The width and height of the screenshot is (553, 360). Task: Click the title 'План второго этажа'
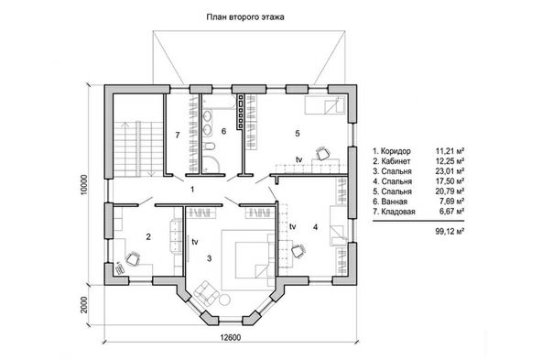[245, 16]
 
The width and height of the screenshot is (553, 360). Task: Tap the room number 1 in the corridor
[192, 190]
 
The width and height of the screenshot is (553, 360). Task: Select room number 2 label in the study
[148, 237]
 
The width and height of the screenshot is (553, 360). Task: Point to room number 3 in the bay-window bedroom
[209, 258]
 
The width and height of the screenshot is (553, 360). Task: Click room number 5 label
[298, 134]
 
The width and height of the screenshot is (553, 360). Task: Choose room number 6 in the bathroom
[223, 131]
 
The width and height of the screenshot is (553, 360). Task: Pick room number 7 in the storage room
[178, 135]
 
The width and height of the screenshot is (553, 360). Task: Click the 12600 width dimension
[231, 338]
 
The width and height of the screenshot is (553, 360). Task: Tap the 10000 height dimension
[83, 186]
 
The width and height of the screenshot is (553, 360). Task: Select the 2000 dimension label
[83, 305]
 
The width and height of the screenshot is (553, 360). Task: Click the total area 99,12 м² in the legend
[450, 232]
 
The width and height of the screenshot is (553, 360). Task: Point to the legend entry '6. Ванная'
[390, 202]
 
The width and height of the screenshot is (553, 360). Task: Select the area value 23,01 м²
[450, 171]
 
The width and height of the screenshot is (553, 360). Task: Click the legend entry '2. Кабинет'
[392, 161]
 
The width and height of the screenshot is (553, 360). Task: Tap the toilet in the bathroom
[209, 146]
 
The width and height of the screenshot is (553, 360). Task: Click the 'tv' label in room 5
[299, 159]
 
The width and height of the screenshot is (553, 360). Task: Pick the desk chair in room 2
[133, 258]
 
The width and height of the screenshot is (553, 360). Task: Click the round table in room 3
[224, 300]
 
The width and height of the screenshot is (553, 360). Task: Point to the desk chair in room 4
[298, 251]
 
